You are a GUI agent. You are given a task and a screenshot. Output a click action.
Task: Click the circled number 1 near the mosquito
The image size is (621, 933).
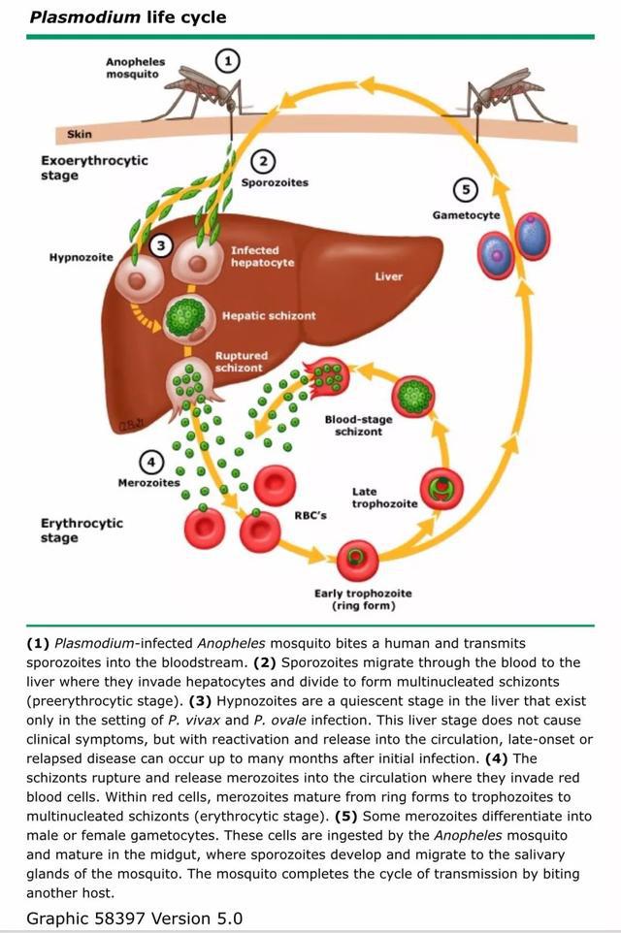coord(228,61)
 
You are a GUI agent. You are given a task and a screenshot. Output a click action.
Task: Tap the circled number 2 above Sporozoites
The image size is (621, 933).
coord(263,161)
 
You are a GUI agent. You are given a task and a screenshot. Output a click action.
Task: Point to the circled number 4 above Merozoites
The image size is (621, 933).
coord(150,463)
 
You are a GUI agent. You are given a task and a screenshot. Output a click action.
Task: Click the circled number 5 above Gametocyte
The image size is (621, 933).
coord(468,189)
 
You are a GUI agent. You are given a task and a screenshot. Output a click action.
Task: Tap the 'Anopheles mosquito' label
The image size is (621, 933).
coord(135,68)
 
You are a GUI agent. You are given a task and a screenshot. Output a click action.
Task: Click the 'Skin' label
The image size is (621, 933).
coord(80,134)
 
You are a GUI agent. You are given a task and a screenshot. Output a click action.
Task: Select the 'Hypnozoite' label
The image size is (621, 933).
coord(82,257)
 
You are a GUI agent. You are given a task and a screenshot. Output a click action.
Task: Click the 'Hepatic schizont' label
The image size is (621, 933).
coord(269,316)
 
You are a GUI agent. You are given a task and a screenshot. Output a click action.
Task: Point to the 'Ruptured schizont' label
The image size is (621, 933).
coord(240,362)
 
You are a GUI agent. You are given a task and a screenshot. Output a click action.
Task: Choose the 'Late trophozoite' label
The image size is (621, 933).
coord(384,498)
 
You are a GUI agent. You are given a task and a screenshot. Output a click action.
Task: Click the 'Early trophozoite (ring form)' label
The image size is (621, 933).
coord(363,599)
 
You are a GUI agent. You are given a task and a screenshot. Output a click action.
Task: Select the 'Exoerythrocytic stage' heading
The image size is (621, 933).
coord(94,168)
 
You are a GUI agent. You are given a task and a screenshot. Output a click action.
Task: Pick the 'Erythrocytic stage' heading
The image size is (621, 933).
coord(82,530)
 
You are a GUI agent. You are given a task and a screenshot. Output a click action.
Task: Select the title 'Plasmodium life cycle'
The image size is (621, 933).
coord(128,16)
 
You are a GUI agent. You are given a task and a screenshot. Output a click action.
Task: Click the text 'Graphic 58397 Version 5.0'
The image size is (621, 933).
coord(135,917)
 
